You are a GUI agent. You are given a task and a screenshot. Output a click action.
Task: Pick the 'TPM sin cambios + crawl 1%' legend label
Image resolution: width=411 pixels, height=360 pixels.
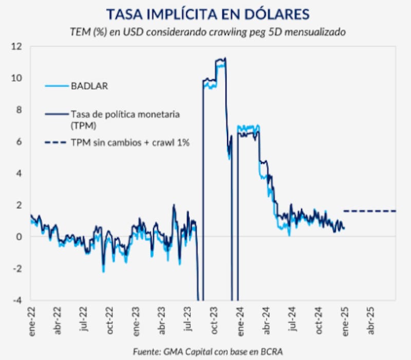click(x=130, y=143)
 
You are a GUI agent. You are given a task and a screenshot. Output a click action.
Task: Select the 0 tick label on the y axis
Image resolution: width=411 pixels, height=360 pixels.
click(x=21, y=237)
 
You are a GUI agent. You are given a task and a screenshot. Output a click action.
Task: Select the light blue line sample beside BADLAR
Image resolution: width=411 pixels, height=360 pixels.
click(x=57, y=86)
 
